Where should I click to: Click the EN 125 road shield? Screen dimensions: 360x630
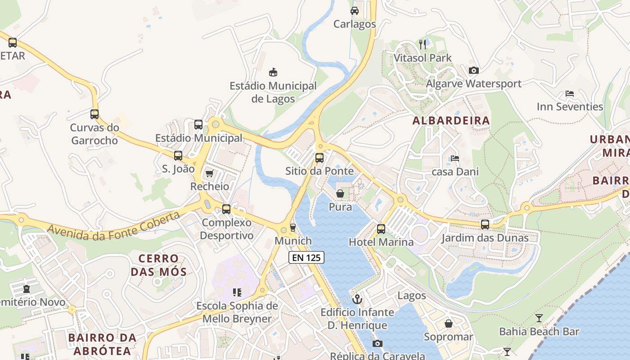(x=306, y=257)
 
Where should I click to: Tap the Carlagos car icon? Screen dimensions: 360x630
(x=355, y=11)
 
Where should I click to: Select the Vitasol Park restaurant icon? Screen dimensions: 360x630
(x=422, y=44)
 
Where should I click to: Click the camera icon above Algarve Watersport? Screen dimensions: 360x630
(x=473, y=70)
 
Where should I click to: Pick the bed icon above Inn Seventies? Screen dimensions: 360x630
(x=569, y=94)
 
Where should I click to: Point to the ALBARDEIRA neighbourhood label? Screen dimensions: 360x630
(x=451, y=121)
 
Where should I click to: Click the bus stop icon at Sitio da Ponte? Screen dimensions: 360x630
(x=319, y=158)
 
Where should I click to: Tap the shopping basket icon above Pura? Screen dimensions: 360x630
(x=340, y=193)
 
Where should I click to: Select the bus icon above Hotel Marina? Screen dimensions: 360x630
(x=381, y=229)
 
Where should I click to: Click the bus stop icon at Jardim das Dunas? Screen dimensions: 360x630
(x=485, y=224)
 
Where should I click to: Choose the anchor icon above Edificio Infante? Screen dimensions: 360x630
(x=357, y=299)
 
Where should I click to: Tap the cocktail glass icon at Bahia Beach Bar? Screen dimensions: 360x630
(x=539, y=319)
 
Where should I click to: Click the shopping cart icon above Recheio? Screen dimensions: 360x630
(x=209, y=173)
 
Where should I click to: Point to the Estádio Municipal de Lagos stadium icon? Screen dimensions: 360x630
(x=273, y=72)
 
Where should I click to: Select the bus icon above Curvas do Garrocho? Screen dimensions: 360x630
(x=94, y=114)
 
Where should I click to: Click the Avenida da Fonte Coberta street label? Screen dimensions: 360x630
(x=113, y=225)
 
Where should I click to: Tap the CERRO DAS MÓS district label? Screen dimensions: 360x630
(x=158, y=265)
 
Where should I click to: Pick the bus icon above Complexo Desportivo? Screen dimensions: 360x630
(x=226, y=209)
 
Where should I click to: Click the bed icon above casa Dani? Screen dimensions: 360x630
(x=455, y=158)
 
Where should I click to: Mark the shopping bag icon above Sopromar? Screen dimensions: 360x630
(x=449, y=324)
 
